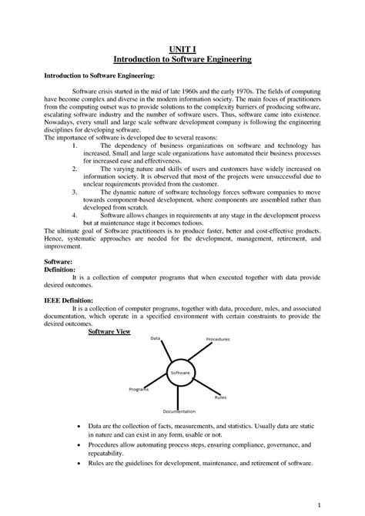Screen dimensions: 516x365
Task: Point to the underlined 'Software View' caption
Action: point(109,331)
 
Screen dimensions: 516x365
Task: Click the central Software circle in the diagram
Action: point(180,373)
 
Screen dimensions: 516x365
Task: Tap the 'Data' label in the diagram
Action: point(155,339)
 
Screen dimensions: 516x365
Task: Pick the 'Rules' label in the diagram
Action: point(220,397)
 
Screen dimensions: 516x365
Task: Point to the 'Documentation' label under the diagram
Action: point(179,411)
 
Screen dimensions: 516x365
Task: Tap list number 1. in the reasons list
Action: point(72,144)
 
